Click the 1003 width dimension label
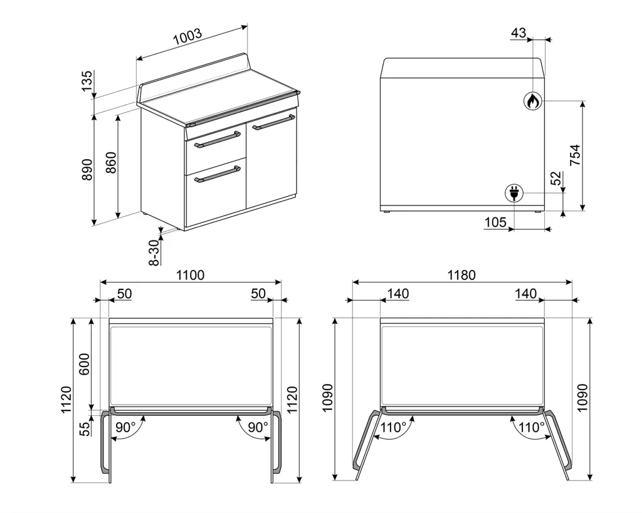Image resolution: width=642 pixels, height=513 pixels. click(188, 36)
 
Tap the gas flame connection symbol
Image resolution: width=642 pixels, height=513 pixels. click(533, 101)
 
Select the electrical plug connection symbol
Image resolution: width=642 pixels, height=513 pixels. click(514, 193)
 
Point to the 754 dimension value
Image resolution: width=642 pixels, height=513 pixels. click(576, 155)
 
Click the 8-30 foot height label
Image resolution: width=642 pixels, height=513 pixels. click(154, 252)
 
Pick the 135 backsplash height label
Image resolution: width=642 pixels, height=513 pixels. click(87, 81)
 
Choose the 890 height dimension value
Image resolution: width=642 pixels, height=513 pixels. click(87, 169)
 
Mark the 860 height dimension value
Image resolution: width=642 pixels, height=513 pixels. click(111, 162)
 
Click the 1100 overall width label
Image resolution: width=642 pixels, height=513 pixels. click(191, 275)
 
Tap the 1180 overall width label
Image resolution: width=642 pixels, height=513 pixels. click(461, 275)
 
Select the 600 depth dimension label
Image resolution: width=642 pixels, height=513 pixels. click(84, 364)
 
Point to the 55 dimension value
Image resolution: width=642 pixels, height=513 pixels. click(84, 429)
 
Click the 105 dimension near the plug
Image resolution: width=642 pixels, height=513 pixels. click(495, 222)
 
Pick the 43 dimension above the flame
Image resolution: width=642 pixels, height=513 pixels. click(518, 33)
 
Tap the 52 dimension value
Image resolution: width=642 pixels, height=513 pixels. click(555, 179)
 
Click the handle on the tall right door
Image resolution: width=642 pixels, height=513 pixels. click(273, 122)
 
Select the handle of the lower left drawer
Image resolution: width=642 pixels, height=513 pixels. click(218, 174)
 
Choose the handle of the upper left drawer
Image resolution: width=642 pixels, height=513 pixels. click(218, 140)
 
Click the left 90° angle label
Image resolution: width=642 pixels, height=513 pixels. click(125, 427)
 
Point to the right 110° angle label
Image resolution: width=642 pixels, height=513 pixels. click(532, 427)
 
